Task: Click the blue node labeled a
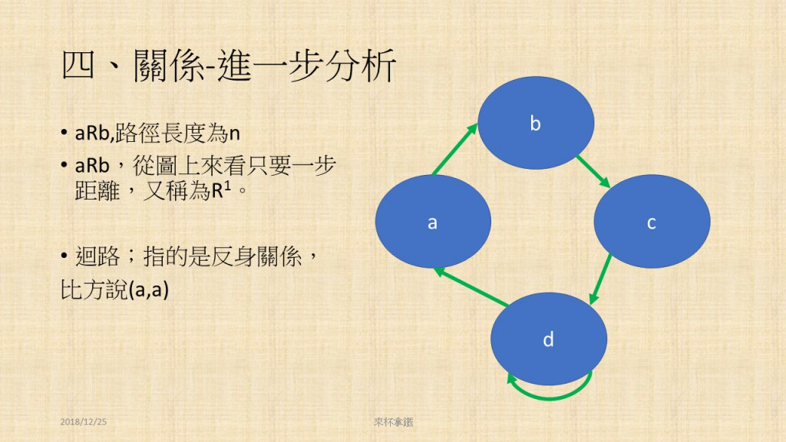pyautogui.click(x=433, y=221)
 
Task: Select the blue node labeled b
pyautogui.click(x=535, y=123)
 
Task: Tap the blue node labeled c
pyautogui.click(x=652, y=221)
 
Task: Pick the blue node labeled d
pyautogui.click(x=548, y=338)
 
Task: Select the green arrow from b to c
pyautogui.click(x=593, y=172)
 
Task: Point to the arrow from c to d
pyautogui.click(x=600, y=279)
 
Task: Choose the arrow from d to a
pyautogui.click(x=471, y=287)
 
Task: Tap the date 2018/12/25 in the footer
pyautogui.click(x=83, y=422)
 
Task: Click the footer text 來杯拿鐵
pyautogui.click(x=394, y=422)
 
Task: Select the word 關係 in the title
pyautogui.click(x=169, y=66)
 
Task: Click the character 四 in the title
pyautogui.click(x=78, y=66)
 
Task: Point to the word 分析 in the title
pyautogui.click(x=361, y=66)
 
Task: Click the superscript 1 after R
pyautogui.click(x=227, y=186)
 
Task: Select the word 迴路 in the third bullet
pyautogui.click(x=97, y=256)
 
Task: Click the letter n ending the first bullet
pyautogui.click(x=234, y=134)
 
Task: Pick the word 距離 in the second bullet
pyautogui.click(x=97, y=190)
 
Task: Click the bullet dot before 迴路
pyautogui.click(x=64, y=256)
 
